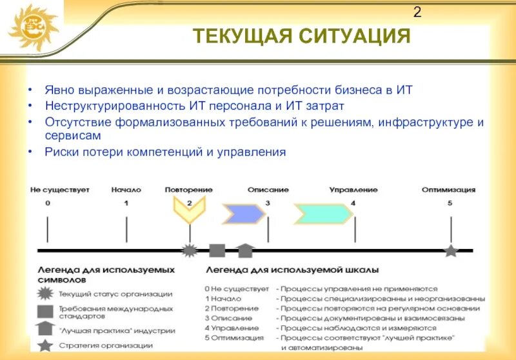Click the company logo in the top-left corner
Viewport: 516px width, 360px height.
click(32, 26)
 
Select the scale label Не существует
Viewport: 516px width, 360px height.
click(59, 190)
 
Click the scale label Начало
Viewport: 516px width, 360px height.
click(126, 190)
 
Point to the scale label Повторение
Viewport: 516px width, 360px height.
click(188, 190)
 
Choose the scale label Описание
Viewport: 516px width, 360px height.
click(268, 190)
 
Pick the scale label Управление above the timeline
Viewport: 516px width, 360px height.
click(353, 190)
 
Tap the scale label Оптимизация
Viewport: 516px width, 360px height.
click(448, 190)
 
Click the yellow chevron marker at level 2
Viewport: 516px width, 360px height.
click(189, 210)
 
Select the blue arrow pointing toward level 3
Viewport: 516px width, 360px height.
click(243, 212)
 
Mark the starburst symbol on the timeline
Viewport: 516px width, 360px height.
click(189, 250)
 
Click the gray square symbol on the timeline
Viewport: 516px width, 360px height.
click(217, 250)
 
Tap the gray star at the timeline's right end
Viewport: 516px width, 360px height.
click(450, 250)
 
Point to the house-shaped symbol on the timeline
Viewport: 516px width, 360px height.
click(245, 250)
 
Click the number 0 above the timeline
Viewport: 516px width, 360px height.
click(48, 203)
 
